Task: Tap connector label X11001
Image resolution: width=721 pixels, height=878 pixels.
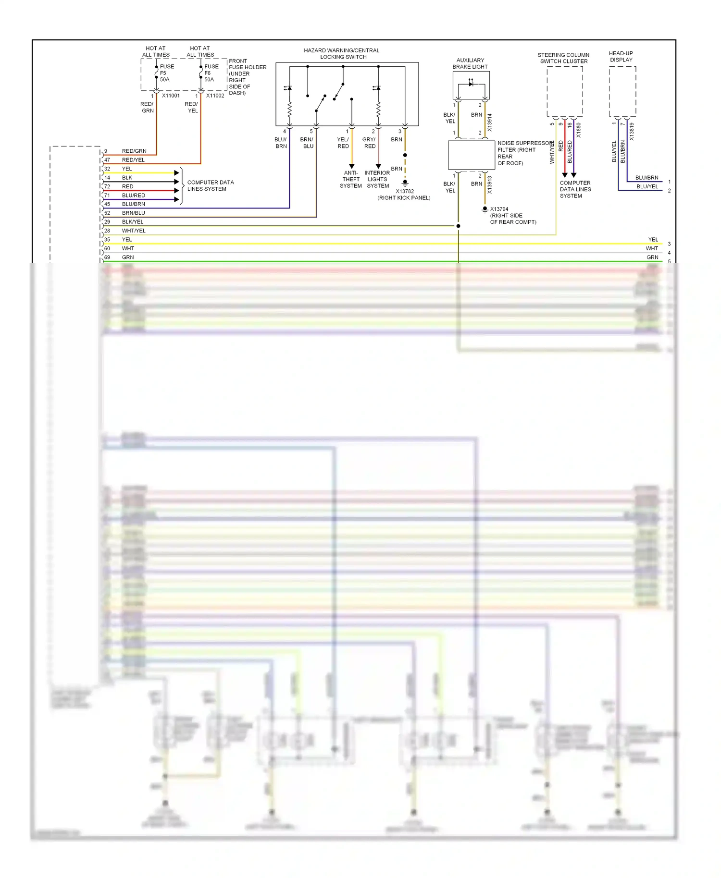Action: click(x=171, y=96)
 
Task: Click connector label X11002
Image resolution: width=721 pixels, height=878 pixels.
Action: click(x=215, y=96)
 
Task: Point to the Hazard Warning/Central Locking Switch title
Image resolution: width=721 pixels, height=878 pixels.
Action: click(x=342, y=53)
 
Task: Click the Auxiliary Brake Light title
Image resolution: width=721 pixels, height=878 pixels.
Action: click(x=470, y=63)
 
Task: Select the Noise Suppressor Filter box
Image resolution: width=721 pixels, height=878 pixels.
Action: click(x=471, y=155)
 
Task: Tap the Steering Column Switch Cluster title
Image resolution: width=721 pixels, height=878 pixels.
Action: click(x=563, y=58)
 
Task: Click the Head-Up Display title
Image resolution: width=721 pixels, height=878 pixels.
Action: click(x=621, y=57)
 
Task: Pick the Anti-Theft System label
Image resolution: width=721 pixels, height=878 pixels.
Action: click(x=351, y=179)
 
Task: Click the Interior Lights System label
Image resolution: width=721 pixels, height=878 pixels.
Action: click(x=377, y=179)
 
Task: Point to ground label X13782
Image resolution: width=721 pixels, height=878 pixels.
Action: click(x=405, y=191)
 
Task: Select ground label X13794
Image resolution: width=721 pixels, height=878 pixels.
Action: click(x=499, y=209)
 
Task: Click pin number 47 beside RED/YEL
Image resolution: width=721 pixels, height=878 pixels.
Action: click(x=107, y=160)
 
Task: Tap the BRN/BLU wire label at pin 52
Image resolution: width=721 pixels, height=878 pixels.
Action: click(x=133, y=213)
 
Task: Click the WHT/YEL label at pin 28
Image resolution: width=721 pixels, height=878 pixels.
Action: click(x=134, y=231)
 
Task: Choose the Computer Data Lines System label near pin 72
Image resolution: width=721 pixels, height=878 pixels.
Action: click(x=210, y=185)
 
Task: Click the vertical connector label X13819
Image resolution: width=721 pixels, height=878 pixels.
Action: click(x=632, y=132)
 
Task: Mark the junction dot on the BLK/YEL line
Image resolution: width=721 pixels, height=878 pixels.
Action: click(x=458, y=226)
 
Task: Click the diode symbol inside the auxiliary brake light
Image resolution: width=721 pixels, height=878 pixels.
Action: click(x=471, y=84)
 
